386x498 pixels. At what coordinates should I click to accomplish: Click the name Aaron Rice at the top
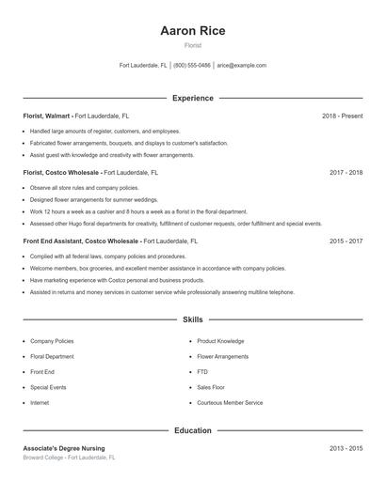coord(193,31)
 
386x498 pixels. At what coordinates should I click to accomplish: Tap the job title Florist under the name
coord(193,45)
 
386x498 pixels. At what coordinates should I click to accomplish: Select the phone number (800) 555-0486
coord(192,66)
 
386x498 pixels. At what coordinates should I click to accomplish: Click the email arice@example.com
coord(242,66)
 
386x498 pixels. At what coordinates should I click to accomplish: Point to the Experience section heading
coord(193,98)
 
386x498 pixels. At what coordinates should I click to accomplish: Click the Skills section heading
coord(193,320)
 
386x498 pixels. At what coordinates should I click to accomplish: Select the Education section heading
coord(193,430)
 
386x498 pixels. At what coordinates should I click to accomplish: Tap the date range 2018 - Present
coord(342,116)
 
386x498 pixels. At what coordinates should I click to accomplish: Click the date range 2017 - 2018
coord(346,173)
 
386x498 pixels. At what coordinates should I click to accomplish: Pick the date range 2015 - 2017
coord(346,241)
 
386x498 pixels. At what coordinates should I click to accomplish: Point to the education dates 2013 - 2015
coord(346,448)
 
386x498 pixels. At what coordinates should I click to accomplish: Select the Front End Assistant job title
coord(81,241)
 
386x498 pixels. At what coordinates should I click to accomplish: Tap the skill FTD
coord(202,372)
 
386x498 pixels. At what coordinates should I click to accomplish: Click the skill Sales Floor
coord(211,387)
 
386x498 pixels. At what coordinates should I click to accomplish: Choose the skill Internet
coord(40,402)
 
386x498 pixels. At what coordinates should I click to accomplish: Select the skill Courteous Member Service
coord(230,402)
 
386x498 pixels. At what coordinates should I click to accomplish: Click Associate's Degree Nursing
coord(64,448)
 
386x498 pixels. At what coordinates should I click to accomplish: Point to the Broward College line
coord(69,458)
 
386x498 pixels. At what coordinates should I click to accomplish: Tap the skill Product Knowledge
coord(220,341)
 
